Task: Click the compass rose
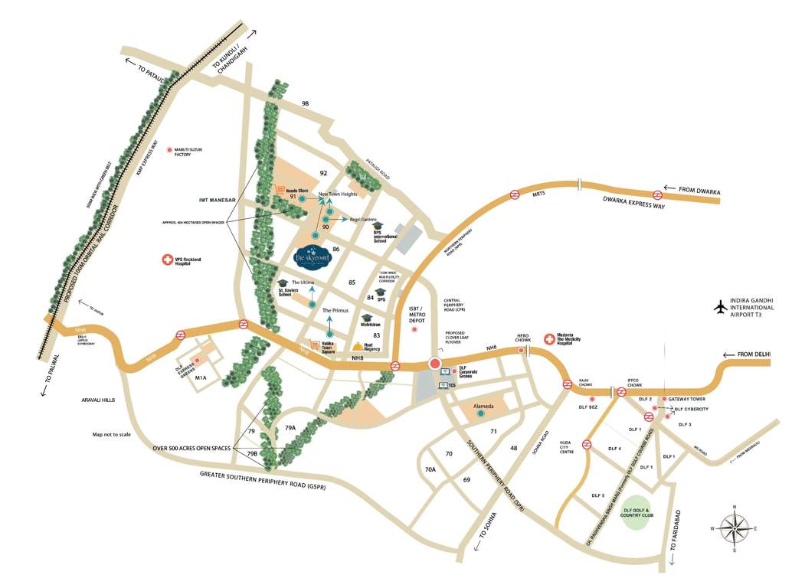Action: tap(734, 528)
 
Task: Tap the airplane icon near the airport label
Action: tap(719, 307)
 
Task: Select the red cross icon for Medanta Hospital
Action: tap(548, 338)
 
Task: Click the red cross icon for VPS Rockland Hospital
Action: tap(166, 261)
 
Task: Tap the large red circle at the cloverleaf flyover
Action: tap(435, 364)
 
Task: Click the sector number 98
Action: tap(306, 103)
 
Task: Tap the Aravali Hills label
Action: tap(98, 400)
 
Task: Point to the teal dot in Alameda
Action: tap(480, 413)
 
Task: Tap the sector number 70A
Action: tap(430, 469)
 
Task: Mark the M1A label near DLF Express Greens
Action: tap(201, 377)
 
